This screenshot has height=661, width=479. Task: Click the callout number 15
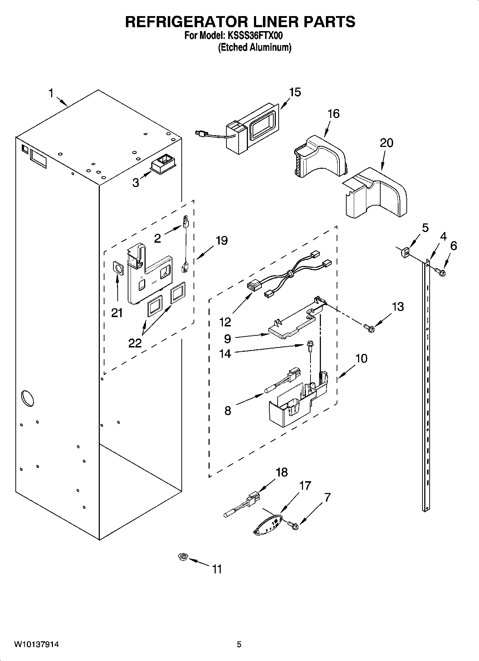[x=295, y=92]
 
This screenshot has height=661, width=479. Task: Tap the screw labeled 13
[x=368, y=327]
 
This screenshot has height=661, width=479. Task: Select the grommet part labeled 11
[x=183, y=557]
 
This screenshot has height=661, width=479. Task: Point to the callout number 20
[x=386, y=143]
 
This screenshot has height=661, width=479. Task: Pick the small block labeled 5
[x=405, y=253]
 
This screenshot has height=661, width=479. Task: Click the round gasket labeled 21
[x=117, y=269]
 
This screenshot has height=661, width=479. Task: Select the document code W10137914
[x=36, y=645]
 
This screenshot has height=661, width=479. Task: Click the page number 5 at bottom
[x=239, y=645]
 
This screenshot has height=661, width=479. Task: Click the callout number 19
[x=221, y=241]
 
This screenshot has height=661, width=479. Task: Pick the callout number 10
[x=361, y=359]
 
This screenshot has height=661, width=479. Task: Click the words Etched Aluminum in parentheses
[x=255, y=47]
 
